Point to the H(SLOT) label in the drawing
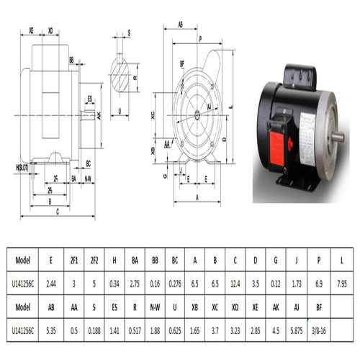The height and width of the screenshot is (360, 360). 22,167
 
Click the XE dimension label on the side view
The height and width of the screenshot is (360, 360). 32,31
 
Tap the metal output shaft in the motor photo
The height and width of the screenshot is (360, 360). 337,136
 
